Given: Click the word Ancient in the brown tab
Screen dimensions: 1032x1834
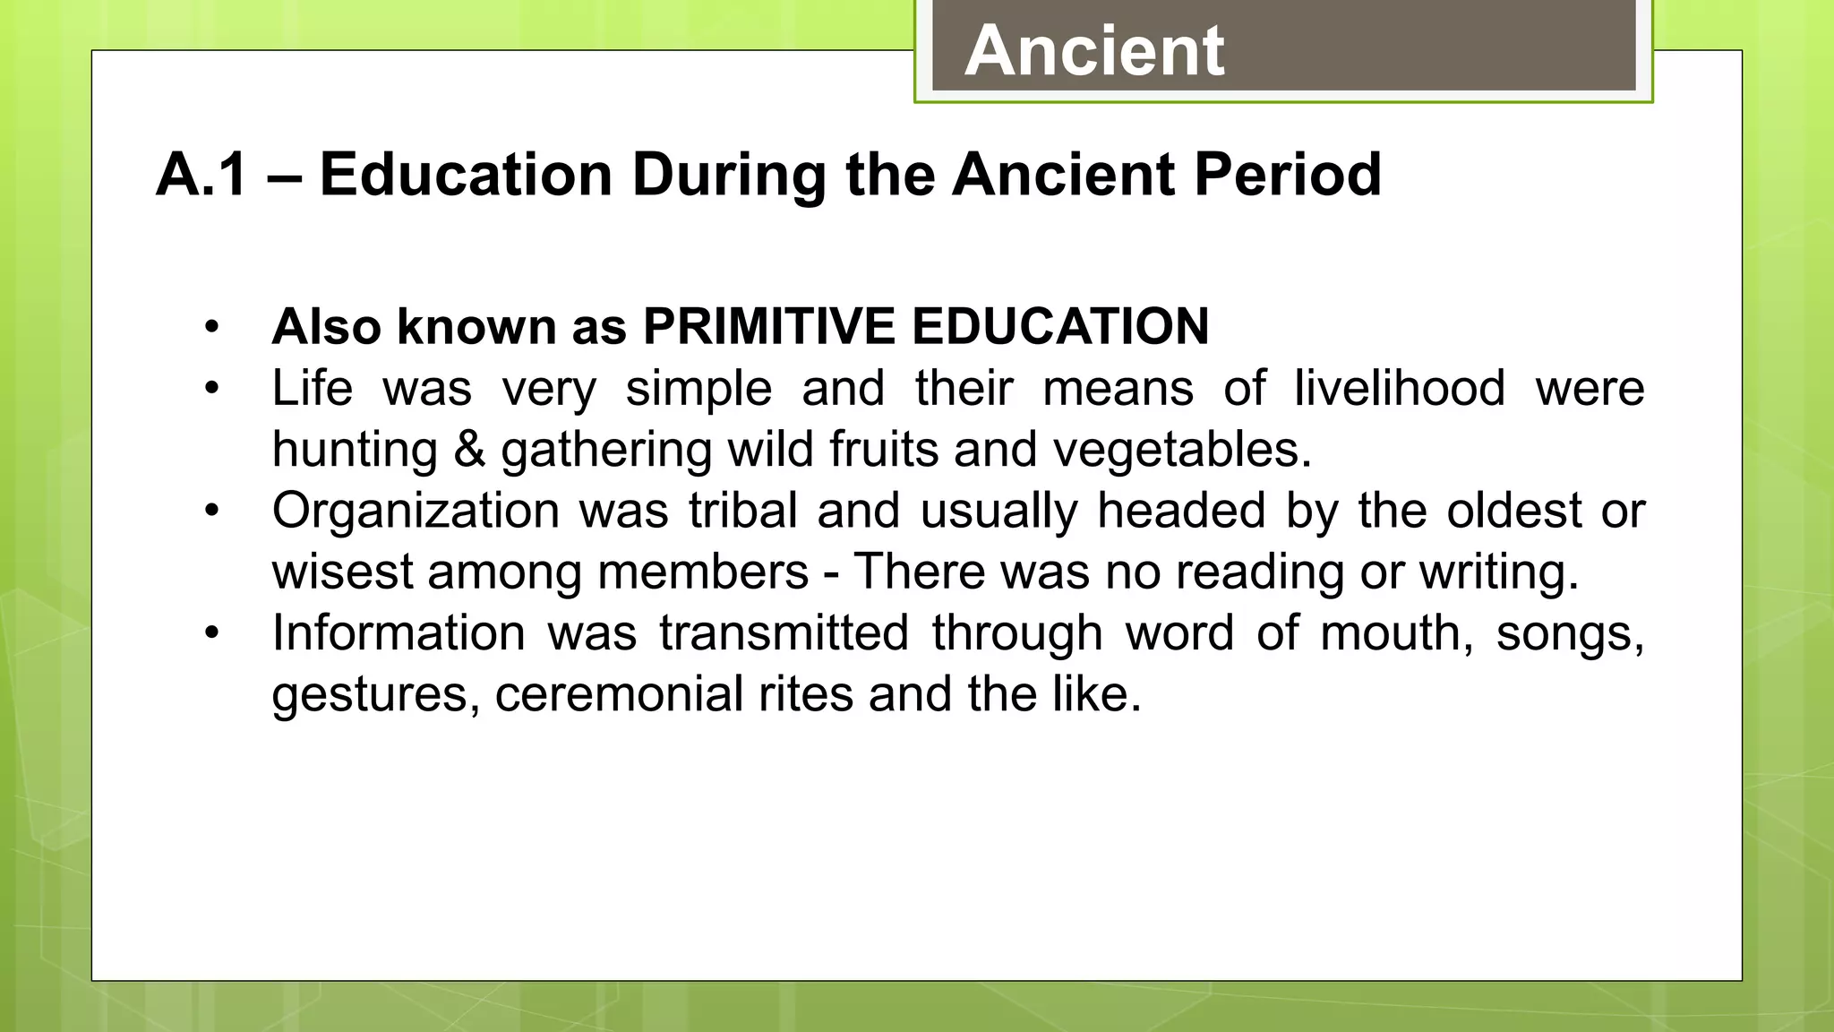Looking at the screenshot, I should [x=1094, y=51].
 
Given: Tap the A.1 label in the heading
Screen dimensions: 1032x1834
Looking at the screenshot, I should [x=201, y=174].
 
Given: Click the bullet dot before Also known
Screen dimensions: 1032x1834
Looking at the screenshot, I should [x=211, y=327].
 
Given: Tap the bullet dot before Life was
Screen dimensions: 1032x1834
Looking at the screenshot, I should [x=211, y=389].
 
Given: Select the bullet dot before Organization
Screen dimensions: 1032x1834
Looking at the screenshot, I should [x=211, y=511].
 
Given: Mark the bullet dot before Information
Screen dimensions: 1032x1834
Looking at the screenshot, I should [x=211, y=633].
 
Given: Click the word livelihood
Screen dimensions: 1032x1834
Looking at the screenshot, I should [x=1400, y=389].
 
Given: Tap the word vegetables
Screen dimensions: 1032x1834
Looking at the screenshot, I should [x=1181, y=450].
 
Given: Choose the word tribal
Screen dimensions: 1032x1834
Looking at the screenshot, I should [x=742, y=511].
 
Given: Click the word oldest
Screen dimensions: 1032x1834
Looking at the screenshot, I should [x=1514, y=511].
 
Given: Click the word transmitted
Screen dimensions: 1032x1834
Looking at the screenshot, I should [x=784, y=633].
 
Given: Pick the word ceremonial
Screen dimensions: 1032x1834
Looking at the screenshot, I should [x=619, y=694].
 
